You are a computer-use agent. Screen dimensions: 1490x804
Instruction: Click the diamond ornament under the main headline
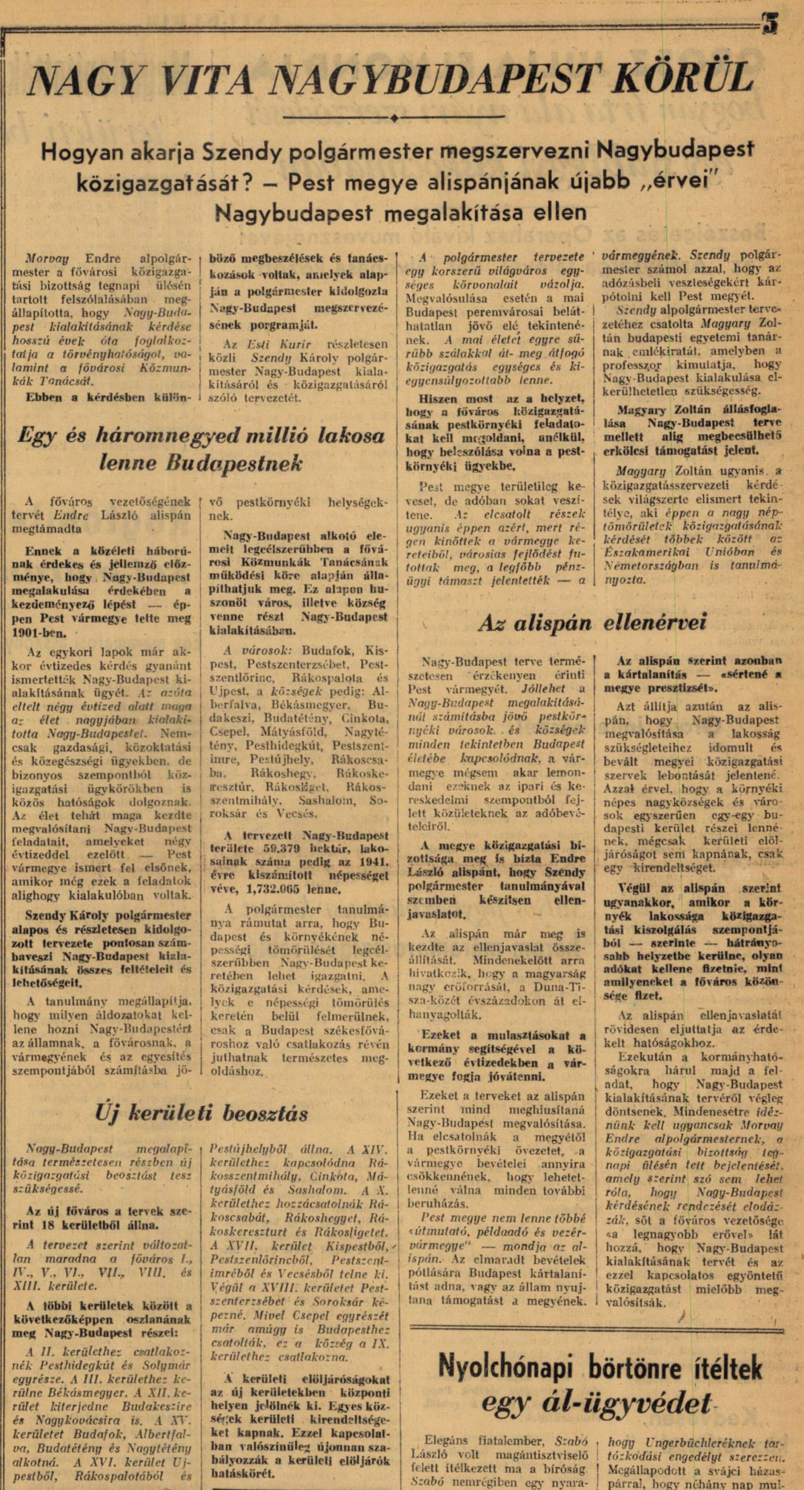click(394, 119)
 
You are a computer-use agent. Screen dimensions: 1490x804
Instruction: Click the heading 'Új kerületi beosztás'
click(202, 1112)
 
